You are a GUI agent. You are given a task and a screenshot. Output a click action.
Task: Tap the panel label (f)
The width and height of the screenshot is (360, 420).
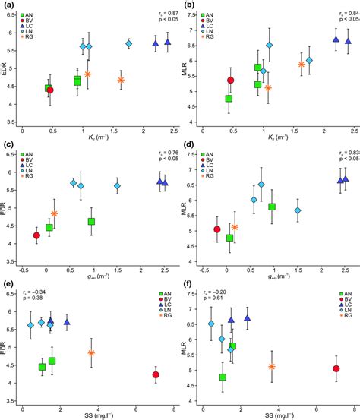point(186,286)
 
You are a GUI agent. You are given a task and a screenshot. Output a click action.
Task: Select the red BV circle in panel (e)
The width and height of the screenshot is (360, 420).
point(156,374)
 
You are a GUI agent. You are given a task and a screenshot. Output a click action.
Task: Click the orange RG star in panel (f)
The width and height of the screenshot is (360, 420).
point(272,366)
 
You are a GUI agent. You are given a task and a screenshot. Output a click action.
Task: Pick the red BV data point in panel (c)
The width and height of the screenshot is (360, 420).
point(36,235)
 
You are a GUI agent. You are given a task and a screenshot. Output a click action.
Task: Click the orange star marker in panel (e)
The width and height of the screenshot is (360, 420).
point(91,352)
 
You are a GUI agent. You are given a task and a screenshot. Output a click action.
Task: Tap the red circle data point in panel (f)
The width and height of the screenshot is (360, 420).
point(336,368)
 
